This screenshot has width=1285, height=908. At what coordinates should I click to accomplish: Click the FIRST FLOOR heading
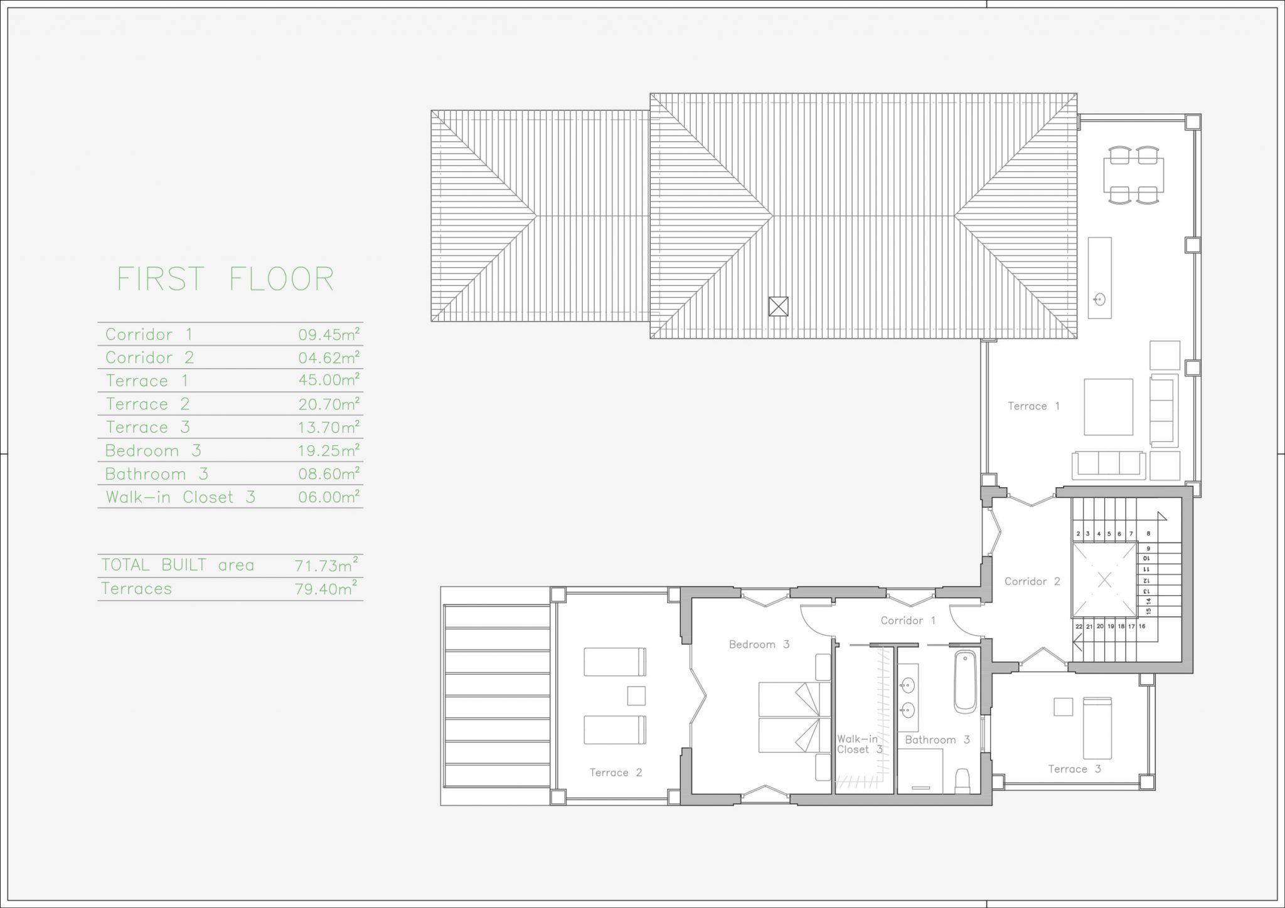pyautogui.click(x=226, y=279)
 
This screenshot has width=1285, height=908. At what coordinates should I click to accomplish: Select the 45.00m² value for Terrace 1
pyautogui.click(x=329, y=380)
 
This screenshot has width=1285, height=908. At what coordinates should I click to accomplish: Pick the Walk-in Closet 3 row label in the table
pyautogui.click(x=181, y=497)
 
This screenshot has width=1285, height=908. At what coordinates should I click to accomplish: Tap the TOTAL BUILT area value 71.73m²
pyautogui.click(x=327, y=566)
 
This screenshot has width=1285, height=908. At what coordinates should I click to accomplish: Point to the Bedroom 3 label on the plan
pyautogui.click(x=759, y=644)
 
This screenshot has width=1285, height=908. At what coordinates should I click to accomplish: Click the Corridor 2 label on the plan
pyautogui.click(x=1032, y=581)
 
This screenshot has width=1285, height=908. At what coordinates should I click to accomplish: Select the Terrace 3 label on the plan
pyautogui.click(x=1075, y=769)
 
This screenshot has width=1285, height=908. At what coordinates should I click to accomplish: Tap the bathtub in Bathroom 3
pyautogui.click(x=966, y=682)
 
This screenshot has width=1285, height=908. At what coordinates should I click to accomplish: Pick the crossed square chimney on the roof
pyautogui.click(x=778, y=306)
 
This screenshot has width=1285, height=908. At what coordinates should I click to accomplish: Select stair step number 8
pyautogui.click(x=1148, y=534)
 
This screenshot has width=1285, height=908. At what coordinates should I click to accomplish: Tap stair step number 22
pyautogui.click(x=1079, y=626)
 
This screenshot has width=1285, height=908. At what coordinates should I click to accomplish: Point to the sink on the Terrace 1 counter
pyautogui.click(x=1099, y=299)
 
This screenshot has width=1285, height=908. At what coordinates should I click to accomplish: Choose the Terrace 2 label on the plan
pyautogui.click(x=616, y=773)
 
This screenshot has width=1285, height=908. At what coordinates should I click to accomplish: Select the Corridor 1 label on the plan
pyautogui.click(x=908, y=621)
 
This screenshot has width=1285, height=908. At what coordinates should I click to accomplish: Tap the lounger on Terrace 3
pyautogui.click(x=1097, y=728)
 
